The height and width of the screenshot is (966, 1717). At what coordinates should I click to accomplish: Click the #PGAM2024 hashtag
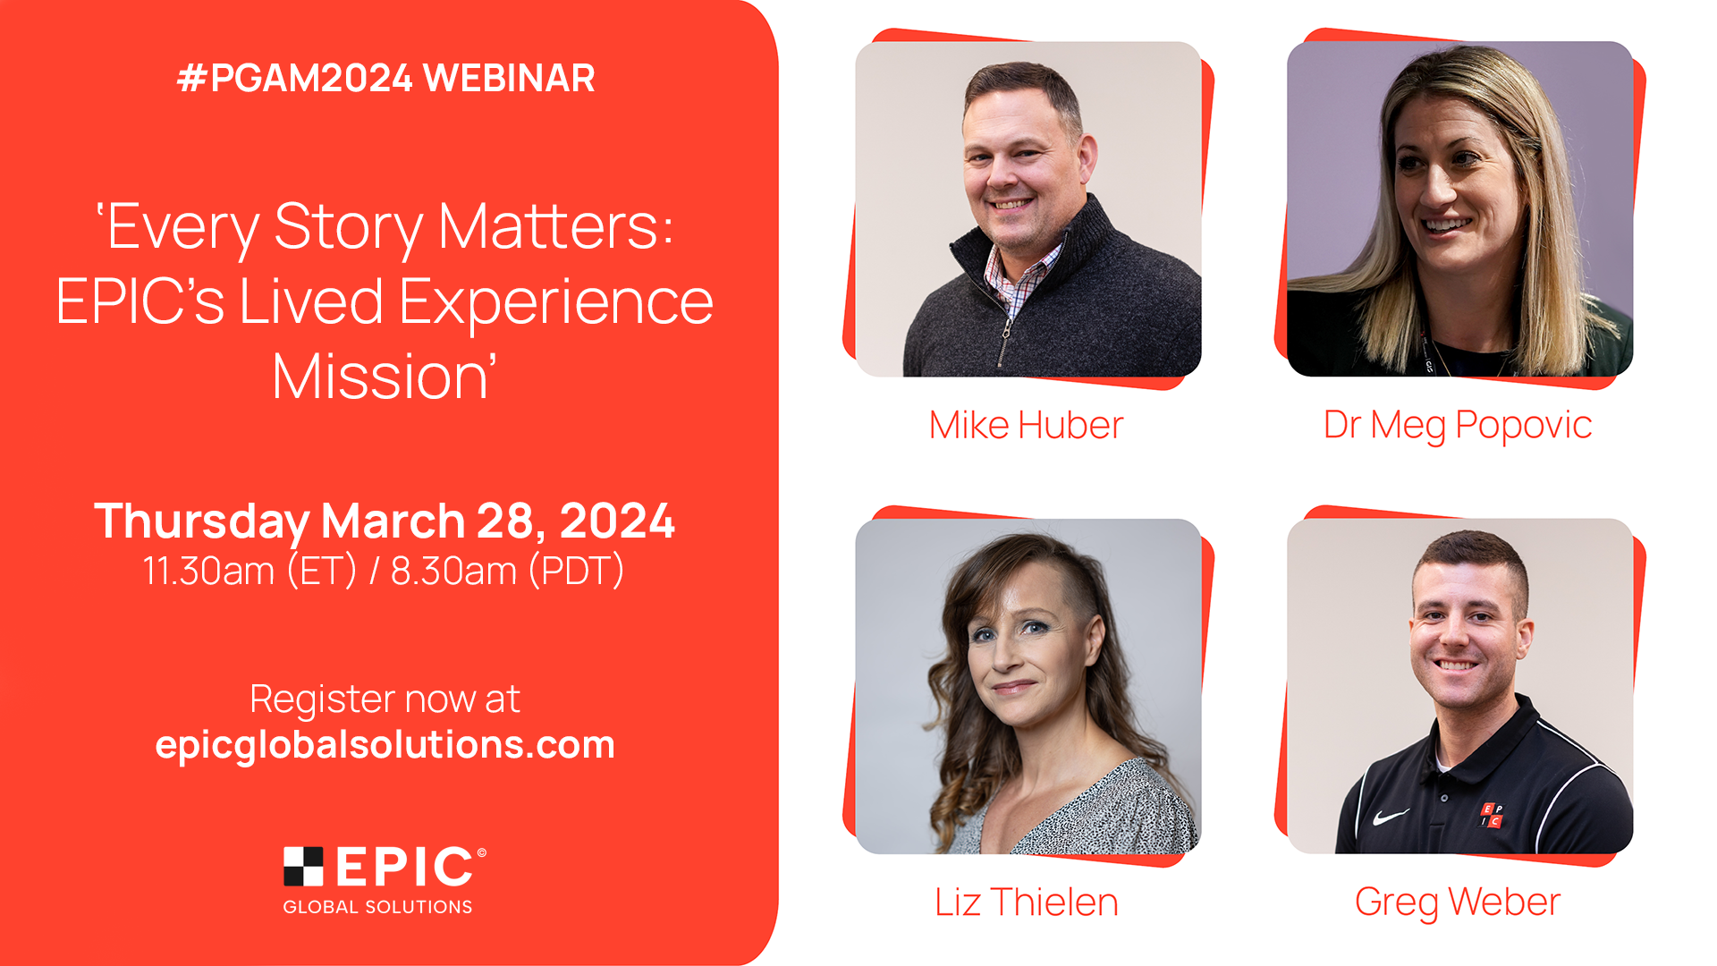[295, 78]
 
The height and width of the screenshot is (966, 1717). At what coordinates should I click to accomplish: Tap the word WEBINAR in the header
[509, 78]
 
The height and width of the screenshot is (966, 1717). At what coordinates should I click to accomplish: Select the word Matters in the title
[555, 227]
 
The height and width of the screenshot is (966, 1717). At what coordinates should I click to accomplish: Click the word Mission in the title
[384, 377]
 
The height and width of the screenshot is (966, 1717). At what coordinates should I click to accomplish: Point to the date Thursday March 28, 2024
[385, 521]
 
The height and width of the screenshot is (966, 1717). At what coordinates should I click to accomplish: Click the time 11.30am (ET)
[250, 571]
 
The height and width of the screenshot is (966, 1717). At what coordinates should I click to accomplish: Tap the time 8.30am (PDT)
[507, 571]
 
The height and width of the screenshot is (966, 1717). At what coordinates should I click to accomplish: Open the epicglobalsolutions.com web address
[385, 745]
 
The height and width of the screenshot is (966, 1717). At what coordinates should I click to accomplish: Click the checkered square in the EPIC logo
[303, 866]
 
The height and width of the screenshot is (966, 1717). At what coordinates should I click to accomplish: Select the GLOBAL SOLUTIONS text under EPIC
[377, 907]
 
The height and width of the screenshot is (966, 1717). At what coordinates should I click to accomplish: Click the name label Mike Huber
[1026, 425]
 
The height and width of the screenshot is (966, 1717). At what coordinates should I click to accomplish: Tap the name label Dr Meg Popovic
[1458, 426]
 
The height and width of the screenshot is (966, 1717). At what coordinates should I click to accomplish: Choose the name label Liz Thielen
[1027, 902]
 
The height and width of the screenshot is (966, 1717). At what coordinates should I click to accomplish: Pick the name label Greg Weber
[1458, 902]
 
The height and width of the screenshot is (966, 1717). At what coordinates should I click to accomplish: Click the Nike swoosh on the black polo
[1391, 817]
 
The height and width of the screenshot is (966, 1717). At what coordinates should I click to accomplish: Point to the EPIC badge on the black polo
[1492, 815]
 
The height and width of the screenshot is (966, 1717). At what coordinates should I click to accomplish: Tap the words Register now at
[385, 699]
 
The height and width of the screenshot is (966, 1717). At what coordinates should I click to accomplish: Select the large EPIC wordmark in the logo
[404, 867]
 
